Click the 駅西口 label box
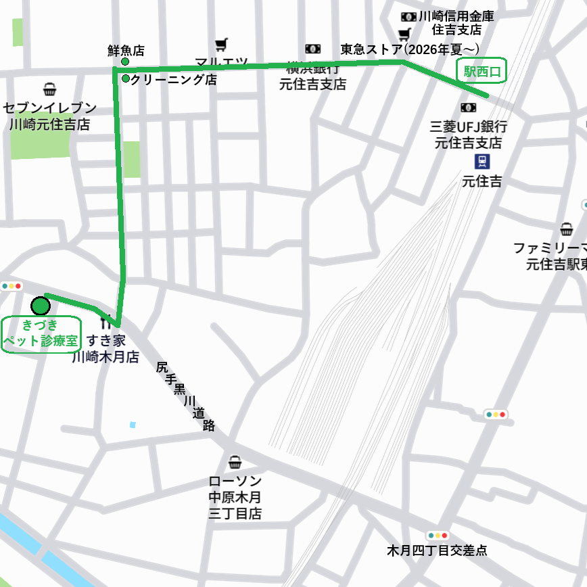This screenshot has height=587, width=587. (482, 70)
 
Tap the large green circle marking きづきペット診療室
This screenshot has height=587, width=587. (41, 306)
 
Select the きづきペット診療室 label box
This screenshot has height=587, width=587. (41, 333)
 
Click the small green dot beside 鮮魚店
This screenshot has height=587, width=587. (125, 62)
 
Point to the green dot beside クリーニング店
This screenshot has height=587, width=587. (126, 78)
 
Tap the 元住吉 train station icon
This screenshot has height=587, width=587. (482, 162)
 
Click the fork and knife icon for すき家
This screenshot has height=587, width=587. (105, 318)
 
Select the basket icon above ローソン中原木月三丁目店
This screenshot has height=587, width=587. (235, 463)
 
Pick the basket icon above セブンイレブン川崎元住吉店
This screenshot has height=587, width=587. (49, 89)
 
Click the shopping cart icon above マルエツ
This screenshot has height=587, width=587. (221, 45)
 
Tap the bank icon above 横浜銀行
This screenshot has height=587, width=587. (312, 49)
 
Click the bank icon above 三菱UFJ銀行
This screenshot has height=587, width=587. (468, 108)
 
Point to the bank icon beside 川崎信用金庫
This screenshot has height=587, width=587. (408, 16)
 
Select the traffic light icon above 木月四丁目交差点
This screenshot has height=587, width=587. (438, 535)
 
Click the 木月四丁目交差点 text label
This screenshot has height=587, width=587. (437, 550)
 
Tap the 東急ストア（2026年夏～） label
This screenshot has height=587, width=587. (410, 49)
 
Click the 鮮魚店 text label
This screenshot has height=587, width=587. (126, 50)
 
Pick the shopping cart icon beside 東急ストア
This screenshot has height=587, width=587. (404, 34)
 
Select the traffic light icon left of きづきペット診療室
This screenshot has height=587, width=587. (11, 286)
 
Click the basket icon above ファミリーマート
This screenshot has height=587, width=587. (566, 229)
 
